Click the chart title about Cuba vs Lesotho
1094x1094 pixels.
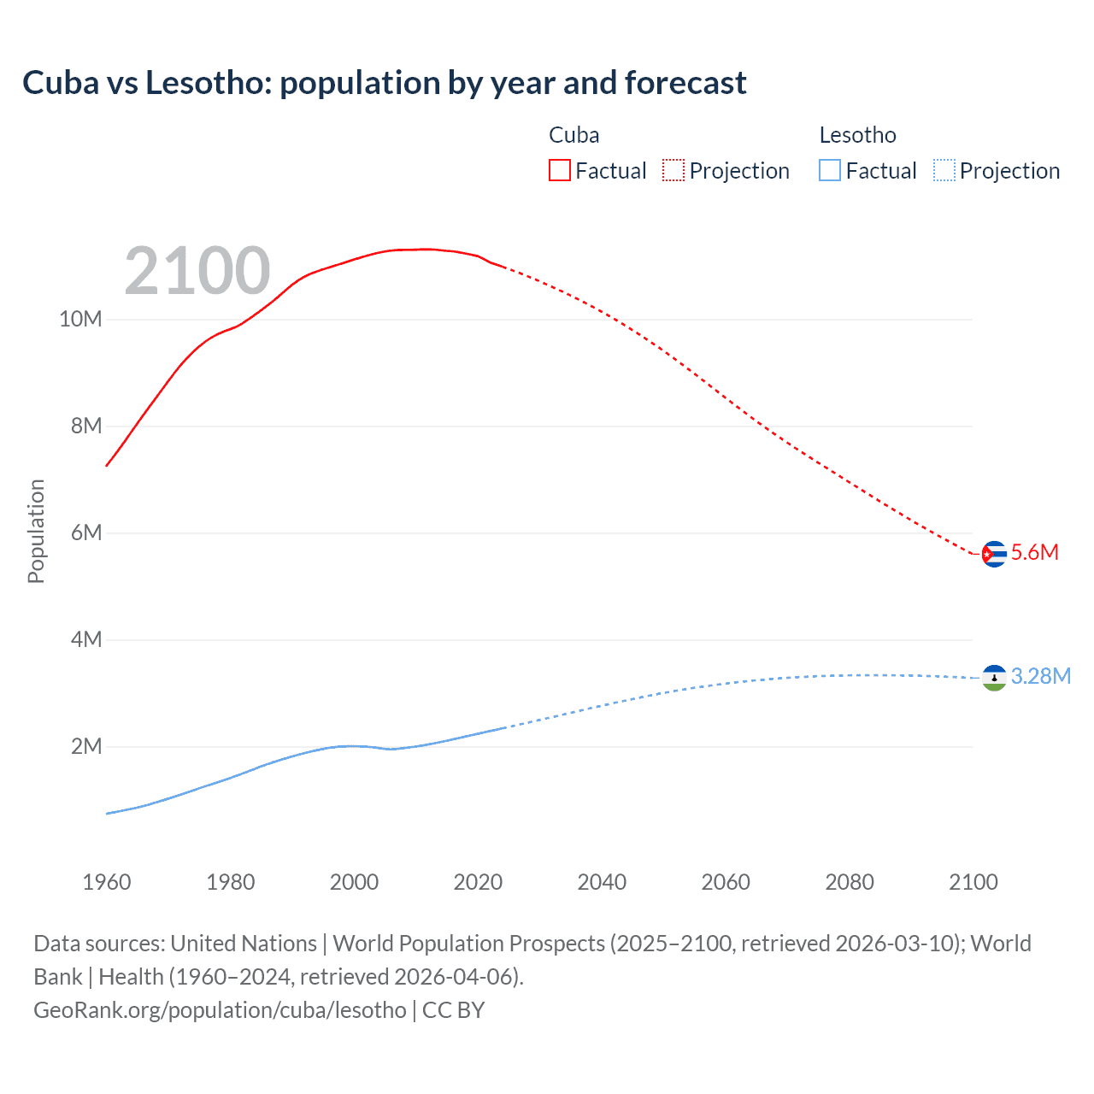[x=385, y=83]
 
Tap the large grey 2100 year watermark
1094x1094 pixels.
[x=197, y=271]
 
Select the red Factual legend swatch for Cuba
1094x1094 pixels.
[x=559, y=170]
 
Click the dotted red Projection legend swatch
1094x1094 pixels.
[x=673, y=170]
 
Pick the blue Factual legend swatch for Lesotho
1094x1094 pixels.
[x=829, y=170]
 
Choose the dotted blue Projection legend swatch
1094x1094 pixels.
[x=944, y=170]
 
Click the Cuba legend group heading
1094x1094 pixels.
[x=573, y=135]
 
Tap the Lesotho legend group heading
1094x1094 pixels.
[x=857, y=135]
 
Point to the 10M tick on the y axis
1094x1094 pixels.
[x=80, y=319]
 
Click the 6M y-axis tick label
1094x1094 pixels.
[x=85, y=532]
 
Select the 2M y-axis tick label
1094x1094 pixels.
[x=85, y=746]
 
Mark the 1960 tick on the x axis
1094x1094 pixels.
[x=107, y=882]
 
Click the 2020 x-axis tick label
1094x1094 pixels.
[x=478, y=882]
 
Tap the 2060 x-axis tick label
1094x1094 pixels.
[x=726, y=882]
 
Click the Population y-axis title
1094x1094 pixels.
[x=36, y=531]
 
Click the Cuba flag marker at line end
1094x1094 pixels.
[x=994, y=554]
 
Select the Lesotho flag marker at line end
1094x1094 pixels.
[x=994, y=678]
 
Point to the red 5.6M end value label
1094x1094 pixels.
[x=1035, y=552]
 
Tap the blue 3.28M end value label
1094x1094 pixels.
[x=1041, y=676]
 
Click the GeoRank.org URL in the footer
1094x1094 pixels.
[x=220, y=1010]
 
